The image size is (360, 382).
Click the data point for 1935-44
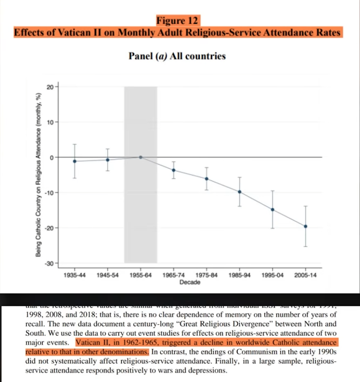75,161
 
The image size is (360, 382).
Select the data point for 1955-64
141,157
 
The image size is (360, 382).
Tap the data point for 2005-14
305,226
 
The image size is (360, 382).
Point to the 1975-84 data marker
207,179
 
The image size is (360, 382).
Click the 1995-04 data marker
273,209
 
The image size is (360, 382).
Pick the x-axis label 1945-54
108,275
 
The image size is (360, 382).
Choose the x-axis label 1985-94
240,275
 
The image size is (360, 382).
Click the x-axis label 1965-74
174,275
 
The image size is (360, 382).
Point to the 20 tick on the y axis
50,87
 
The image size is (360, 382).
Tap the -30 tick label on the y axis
49,263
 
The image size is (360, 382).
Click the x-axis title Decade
190,282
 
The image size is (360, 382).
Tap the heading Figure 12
177,20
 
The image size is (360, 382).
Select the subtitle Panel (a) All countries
177,56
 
